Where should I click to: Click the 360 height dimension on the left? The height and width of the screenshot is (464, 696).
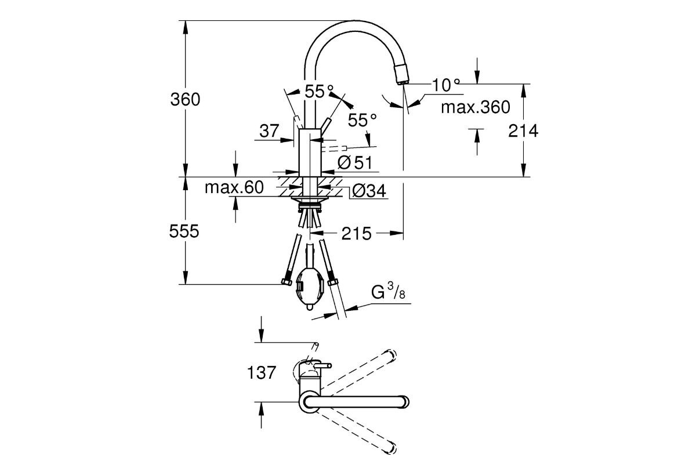185,99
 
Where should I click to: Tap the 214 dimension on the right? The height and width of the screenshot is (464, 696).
523,131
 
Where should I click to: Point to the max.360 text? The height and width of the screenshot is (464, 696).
475,107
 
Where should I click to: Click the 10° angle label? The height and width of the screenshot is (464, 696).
445,85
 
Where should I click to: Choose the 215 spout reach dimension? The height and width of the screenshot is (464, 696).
356,234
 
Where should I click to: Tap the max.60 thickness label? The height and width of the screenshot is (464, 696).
234,187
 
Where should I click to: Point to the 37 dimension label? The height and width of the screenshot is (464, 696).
269,131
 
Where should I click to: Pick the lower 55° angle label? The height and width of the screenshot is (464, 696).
362,120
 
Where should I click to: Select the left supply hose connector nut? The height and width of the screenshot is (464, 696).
285,282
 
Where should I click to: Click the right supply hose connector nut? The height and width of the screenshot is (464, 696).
332,282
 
